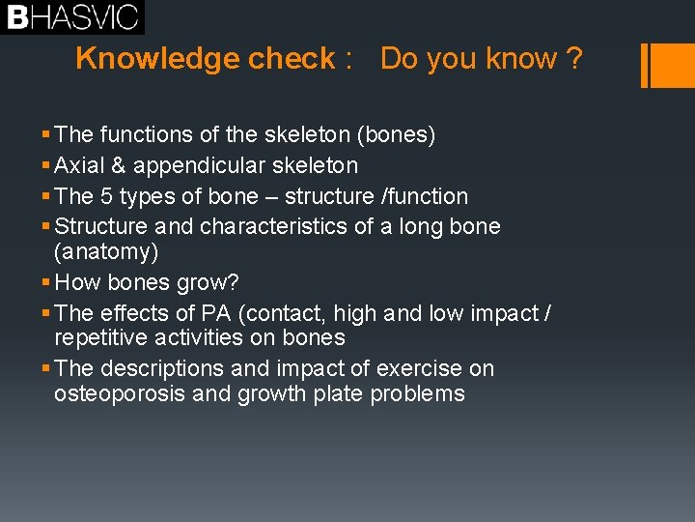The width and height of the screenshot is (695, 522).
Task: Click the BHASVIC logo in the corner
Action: click(x=72, y=16)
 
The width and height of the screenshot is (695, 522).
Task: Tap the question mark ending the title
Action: click(x=574, y=59)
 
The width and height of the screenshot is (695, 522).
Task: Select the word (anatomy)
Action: click(x=106, y=251)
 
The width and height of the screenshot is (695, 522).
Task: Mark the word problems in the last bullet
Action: click(x=422, y=394)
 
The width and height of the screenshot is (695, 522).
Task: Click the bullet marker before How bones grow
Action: click(x=48, y=283)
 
